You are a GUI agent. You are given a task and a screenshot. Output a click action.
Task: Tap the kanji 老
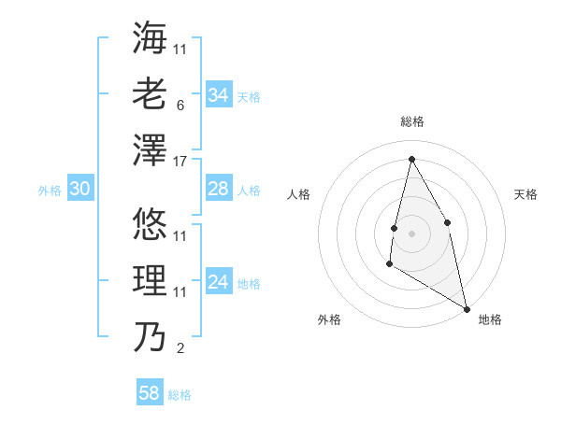[x=150, y=93]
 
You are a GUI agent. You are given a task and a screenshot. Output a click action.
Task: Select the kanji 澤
[x=150, y=150]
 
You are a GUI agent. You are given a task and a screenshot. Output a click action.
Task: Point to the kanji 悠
[x=150, y=225]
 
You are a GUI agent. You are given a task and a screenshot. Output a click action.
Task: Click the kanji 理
[x=150, y=281]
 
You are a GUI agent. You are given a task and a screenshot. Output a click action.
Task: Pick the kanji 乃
[x=150, y=337]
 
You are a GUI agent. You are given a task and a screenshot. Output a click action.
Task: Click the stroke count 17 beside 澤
[x=180, y=162]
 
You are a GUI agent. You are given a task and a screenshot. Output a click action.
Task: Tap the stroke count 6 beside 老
[x=180, y=105]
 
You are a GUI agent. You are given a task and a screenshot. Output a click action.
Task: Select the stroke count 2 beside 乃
[x=180, y=349]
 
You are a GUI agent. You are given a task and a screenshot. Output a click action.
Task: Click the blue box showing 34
[x=219, y=95]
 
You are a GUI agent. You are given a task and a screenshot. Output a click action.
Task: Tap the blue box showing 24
[x=219, y=283]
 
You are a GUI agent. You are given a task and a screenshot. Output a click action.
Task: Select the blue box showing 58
[x=150, y=393]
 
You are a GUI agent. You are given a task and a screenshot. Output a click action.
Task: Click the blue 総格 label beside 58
[x=180, y=395]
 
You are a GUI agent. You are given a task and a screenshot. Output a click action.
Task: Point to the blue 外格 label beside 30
[x=50, y=191]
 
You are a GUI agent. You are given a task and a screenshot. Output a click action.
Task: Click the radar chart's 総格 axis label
[x=411, y=121]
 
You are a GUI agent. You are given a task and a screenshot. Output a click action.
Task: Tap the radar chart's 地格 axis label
[x=490, y=319]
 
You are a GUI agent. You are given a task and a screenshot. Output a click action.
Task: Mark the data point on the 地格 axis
[x=467, y=309]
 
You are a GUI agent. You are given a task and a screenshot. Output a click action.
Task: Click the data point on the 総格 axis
[x=411, y=159]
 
